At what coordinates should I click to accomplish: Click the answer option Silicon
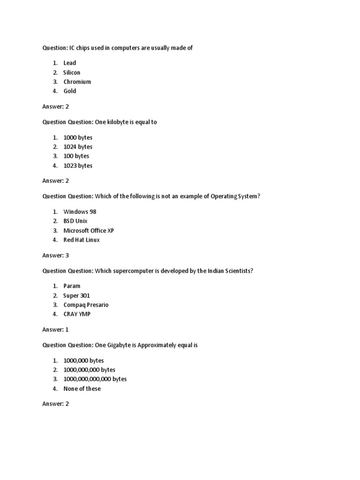(72, 72)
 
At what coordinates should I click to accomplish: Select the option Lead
(69, 63)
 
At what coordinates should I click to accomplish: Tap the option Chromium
(77, 82)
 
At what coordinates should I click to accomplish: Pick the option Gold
(69, 91)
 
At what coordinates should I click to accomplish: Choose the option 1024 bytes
(78, 147)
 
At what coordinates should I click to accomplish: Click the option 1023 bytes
(78, 165)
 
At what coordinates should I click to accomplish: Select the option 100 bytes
(76, 156)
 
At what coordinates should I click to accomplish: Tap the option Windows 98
(80, 211)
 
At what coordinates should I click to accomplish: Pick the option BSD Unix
(75, 221)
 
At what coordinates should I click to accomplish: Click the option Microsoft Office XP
(89, 230)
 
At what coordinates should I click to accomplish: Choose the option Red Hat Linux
(82, 240)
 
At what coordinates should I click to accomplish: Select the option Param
(72, 285)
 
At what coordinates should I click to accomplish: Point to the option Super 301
(76, 295)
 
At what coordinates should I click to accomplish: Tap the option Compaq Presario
(86, 305)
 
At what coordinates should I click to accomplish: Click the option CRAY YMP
(77, 314)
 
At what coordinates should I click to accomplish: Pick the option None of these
(82, 389)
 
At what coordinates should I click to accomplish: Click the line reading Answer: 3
(55, 255)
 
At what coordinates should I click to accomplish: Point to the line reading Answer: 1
(55, 330)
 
